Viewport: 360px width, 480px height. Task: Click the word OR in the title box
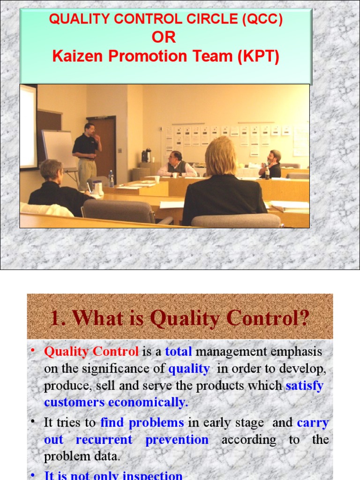(x=164, y=37)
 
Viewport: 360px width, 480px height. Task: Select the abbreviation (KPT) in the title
(x=258, y=56)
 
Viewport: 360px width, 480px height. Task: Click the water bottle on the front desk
(x=111, y=178)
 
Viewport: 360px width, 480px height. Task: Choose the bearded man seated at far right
(x=272, y=164)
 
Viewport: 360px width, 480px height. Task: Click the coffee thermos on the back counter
(x=146, y=155)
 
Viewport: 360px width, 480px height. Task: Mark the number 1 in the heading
(x=55, y=319)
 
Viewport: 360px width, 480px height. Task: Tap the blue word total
(x=179, y=352)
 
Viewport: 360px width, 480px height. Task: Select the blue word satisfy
(x=305, y=386)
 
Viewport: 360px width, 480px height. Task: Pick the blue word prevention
(x=177, y=440)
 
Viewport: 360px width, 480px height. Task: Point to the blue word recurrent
(x=104, y=440)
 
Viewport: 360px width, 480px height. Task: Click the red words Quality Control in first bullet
(x=91, y=352)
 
